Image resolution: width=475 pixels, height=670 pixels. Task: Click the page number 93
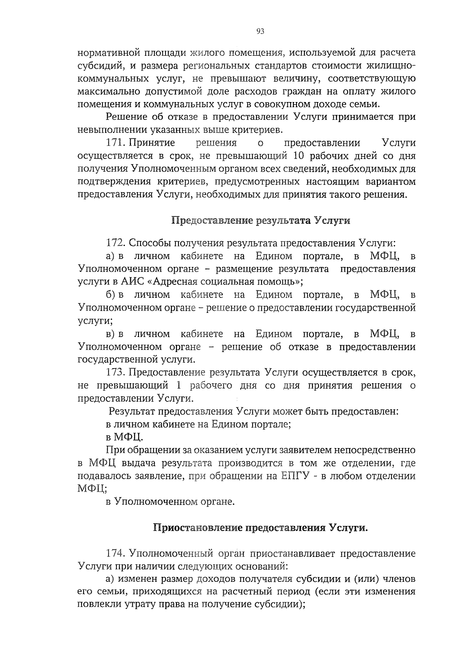(x=260, y=32)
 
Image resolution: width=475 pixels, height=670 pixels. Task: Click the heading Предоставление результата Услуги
(x=260, y=220)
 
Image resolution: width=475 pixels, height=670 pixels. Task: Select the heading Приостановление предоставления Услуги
(x=260, y=528)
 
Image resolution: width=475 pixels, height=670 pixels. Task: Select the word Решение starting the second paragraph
(x=125, y=117)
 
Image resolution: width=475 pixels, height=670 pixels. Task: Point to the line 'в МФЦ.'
(x=124, y=437)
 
